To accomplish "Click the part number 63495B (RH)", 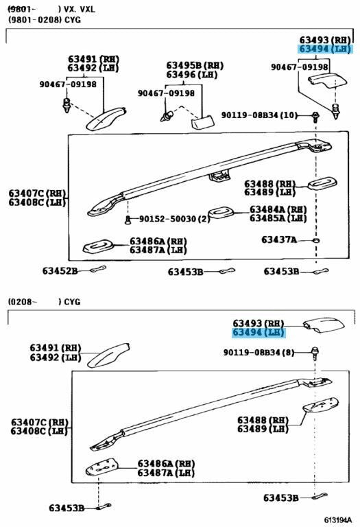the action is tap(195, 65).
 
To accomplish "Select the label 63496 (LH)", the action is tap(192, 74).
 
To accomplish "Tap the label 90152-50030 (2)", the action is tap(174, 219).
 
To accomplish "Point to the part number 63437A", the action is tap(279, 239).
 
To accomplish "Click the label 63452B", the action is tap(60, 270).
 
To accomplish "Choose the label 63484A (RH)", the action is tap(278, 209).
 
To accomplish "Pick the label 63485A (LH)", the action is tap(278, 218).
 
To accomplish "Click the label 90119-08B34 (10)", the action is tap(259, 115).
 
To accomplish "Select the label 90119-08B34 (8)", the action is tap(259, 352).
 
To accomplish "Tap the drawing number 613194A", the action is tap(337, 520).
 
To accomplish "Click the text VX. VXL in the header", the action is tap(80, 9).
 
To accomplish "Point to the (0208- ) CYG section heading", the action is tap(45, 301).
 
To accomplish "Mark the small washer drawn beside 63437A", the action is tap(315, 240).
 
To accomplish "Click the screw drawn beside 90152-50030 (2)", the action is tap(128, 220).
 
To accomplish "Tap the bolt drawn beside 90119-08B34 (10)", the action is tap(315, 117).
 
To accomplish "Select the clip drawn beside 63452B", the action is tap(98, 269).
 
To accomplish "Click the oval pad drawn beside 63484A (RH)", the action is tap(220, 213).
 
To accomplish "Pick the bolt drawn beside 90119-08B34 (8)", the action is tap(315, 353).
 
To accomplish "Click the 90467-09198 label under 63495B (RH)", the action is tap(166, 93).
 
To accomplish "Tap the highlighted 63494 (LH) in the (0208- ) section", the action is tap(259, 332).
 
